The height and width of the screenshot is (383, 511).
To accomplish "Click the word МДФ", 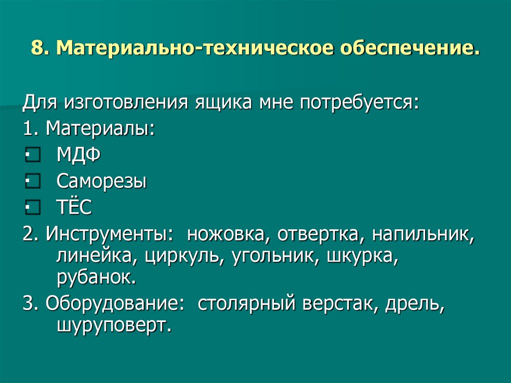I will click(78, 155).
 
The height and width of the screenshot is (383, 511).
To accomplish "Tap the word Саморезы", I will click(101, 181).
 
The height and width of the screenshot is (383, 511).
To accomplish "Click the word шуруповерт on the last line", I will click(114, 325).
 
